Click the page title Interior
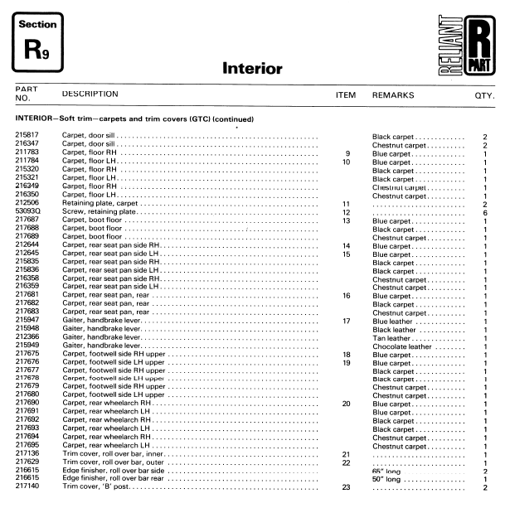[252, 70]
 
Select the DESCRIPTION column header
[90, 94]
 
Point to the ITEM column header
[346, 95]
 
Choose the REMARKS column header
[394, 95]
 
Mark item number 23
[347, 487]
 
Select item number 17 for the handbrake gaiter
[347, 321]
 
